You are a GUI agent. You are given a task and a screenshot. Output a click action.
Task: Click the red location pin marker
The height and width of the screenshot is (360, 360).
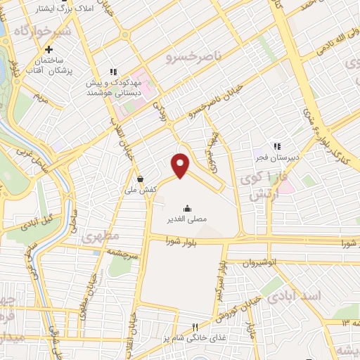(181, 165)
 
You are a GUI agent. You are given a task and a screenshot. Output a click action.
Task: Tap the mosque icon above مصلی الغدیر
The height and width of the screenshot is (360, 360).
(187, 208)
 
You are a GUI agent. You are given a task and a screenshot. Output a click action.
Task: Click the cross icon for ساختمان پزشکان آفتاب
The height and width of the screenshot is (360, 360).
(49, 50)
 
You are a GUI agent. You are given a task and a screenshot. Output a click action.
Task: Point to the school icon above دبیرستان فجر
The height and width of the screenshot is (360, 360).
(277, 146)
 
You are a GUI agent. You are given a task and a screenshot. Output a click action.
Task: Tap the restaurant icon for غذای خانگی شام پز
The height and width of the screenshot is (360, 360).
(196, 327)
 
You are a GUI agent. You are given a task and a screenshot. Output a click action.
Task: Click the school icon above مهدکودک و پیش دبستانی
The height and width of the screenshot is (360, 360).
(112, 72)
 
